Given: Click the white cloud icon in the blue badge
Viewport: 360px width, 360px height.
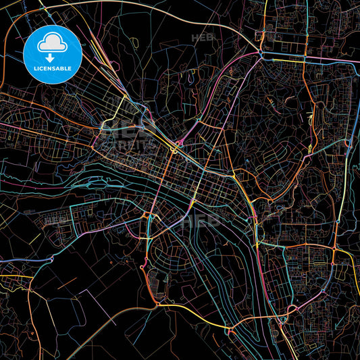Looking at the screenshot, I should pyautogui.click(x=52, y=43).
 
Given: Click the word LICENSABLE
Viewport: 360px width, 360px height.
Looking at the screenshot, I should pyautogui.click(x=52, y=69).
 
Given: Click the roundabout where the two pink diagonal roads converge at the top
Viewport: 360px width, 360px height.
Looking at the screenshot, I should pyautogui.click(x=260, y=53).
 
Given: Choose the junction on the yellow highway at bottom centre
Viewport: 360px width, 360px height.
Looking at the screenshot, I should pyautogui.click(x=230, y=330).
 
